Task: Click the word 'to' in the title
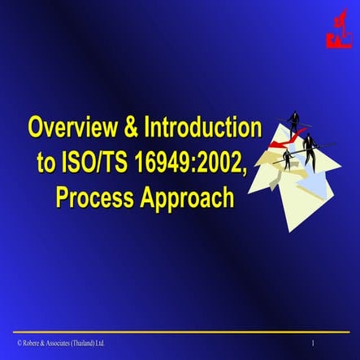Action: pos(48,163)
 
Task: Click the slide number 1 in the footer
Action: pos(312,344)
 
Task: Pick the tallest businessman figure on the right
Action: pos(310,150)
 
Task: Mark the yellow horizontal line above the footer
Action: pos(180,332)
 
